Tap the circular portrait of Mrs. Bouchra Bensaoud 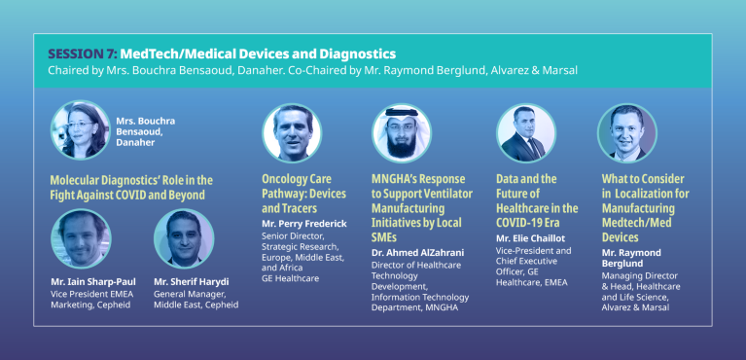pyautogui.click(x=80, y=130)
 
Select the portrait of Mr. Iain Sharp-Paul pyautogui.click(x=80, y=238)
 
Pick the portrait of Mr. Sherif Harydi pyautogui.click(x=184, y=238)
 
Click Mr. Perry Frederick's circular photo pyautogui.click(x=291, y=132)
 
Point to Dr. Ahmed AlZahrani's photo pyautogui.click(x=401, y=132)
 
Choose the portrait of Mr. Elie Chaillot pyautogui.click(x=525, y=132)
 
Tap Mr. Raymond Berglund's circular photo pyautogui.click(x=626, y=132)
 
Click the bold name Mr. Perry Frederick pyautogui.click(x=304, y=223)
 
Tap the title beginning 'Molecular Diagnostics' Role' pyautogui.click(x=130, y=187)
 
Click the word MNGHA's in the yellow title pyautogui.click(x=398, y=179)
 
